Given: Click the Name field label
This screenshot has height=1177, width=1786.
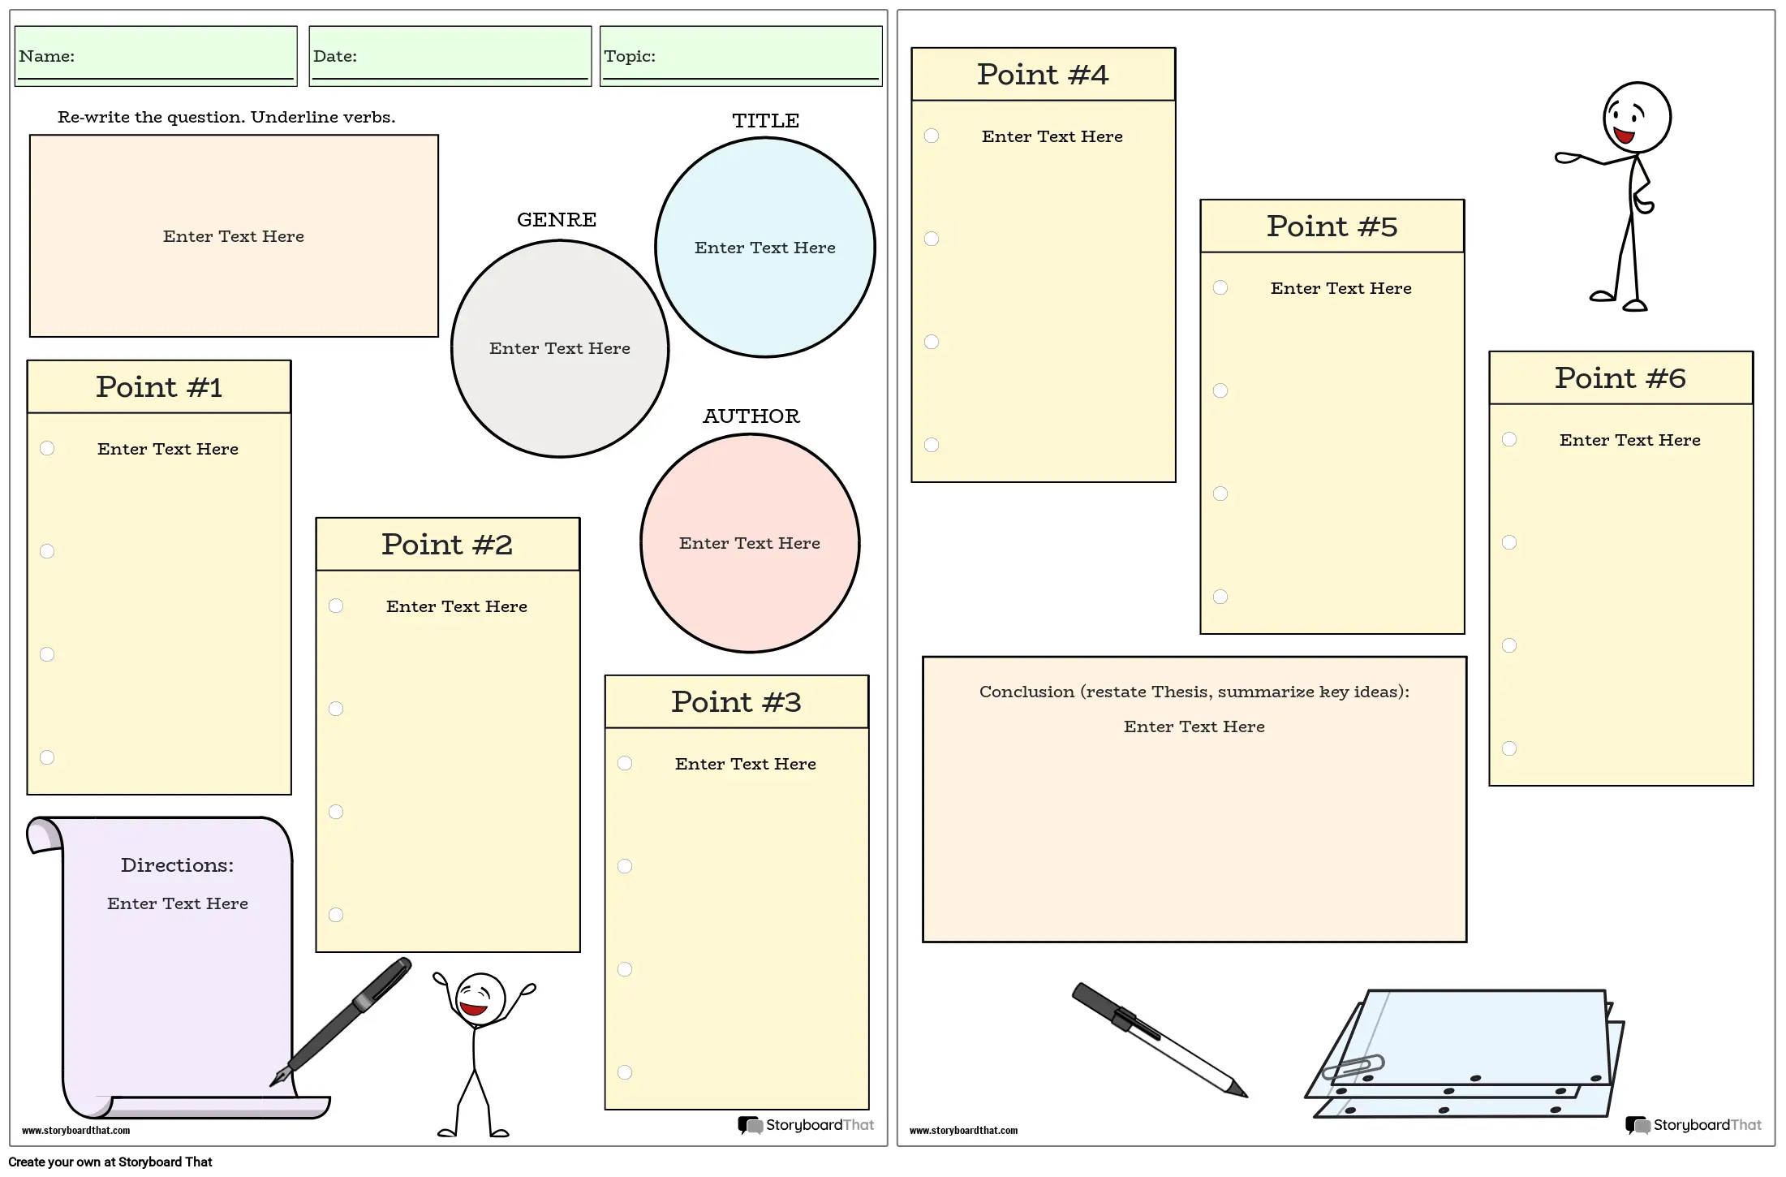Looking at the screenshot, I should coord(46,57).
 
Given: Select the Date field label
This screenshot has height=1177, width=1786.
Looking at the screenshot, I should coord(334,57).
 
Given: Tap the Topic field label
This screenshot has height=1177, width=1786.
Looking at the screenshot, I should coord(629,57).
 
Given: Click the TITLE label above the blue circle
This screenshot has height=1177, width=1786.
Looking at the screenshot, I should coord(765,121).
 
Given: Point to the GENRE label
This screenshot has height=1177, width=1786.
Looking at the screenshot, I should coord(557,220).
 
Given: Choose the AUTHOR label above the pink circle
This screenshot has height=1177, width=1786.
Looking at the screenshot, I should coord(751,416).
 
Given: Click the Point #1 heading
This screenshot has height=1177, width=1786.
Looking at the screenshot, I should coord(159,387).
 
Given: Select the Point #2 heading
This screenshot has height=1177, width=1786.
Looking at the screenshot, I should coord(447,545).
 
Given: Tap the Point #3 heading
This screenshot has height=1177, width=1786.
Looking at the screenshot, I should coord(736,702).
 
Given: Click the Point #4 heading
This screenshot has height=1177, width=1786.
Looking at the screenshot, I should coord(1043,75).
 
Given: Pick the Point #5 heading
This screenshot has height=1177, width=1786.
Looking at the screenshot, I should coord(1332,226).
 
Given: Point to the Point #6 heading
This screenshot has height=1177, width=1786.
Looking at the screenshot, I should coord(1620,378).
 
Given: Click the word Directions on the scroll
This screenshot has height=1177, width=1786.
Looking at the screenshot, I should coord(177,865).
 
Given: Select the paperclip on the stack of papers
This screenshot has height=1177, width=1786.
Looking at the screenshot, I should coord(1353,1067).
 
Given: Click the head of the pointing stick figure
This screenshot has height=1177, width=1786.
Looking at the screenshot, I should coord(1637,118).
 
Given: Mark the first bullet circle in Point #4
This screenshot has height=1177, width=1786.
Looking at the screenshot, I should coord(932,136).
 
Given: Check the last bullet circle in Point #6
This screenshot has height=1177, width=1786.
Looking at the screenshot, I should coord(1509,748).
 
